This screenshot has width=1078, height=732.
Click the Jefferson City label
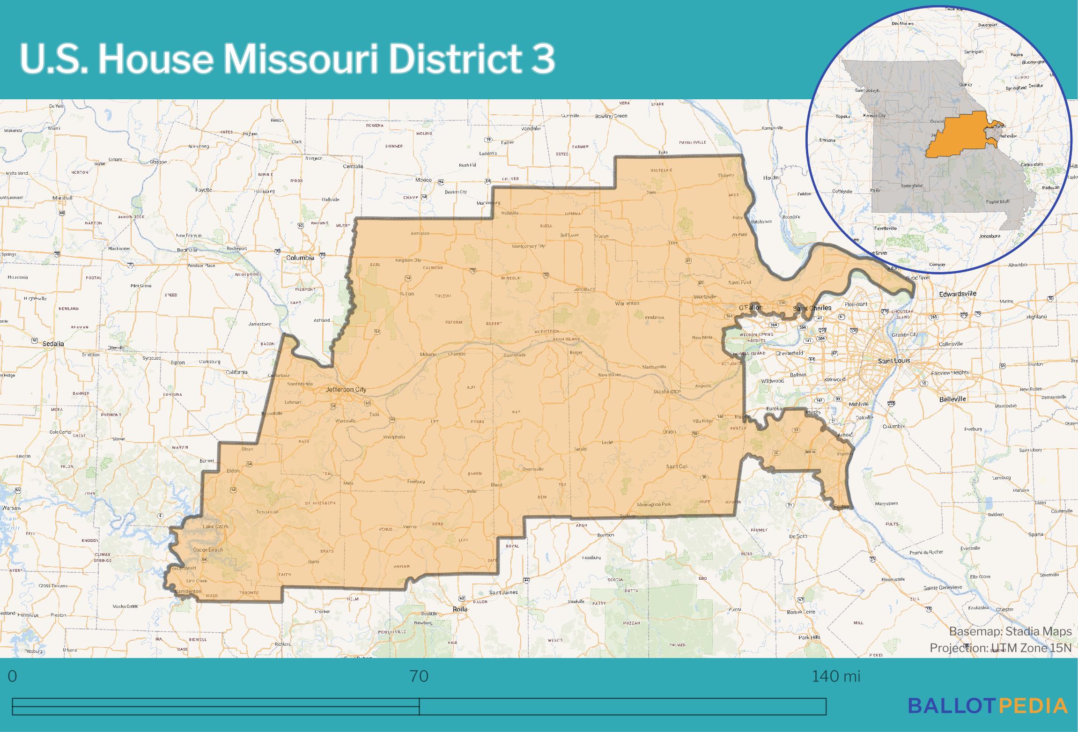click(346, 390)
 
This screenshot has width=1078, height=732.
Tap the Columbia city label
click(300, 258)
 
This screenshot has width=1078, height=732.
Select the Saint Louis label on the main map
click(893, 361)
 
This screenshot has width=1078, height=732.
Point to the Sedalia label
click(53, 344)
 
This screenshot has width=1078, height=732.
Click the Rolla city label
click(460, 609)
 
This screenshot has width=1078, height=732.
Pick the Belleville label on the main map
click(952, 399)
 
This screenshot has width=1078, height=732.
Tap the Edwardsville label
click(958, 294)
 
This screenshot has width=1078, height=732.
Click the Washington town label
click(667, 392)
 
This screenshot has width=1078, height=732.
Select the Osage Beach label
click(208, 549)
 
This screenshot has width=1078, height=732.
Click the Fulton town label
click(406, 294)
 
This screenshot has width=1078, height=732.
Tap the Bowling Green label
click(611, 116)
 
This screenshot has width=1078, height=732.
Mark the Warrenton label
click(627, 303)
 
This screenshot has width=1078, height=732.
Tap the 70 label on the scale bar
click(419, 677)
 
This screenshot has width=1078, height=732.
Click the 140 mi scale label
click(836, 677)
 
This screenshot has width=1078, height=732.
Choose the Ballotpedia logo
click(988, 705)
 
